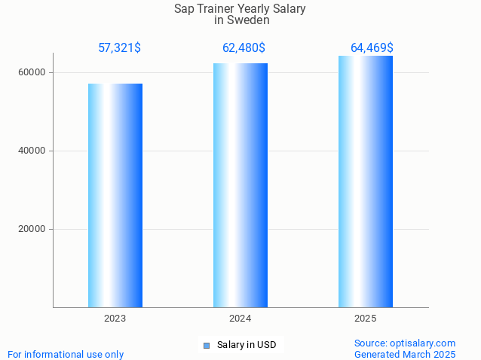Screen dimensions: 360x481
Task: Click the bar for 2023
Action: point(115,195)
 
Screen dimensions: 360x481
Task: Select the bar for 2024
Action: point(240,185)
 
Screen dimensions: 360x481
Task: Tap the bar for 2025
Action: point(366,182)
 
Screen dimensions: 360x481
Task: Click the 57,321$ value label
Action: point(119,48)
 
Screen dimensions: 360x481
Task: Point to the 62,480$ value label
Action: point(244,48)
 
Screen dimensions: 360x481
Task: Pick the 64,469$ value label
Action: point(372,48)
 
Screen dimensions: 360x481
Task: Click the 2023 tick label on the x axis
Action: point(115,319)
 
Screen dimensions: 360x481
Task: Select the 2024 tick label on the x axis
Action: point(240,319)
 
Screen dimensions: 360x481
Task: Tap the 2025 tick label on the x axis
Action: point(366,319)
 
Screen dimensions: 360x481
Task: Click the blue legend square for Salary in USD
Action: point(207,346)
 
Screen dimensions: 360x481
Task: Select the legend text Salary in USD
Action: point(247,345)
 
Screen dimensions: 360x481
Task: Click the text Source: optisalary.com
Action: point(405,343)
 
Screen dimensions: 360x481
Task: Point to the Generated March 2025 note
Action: point(405,354)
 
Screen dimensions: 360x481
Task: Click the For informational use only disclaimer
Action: point(66,354)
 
